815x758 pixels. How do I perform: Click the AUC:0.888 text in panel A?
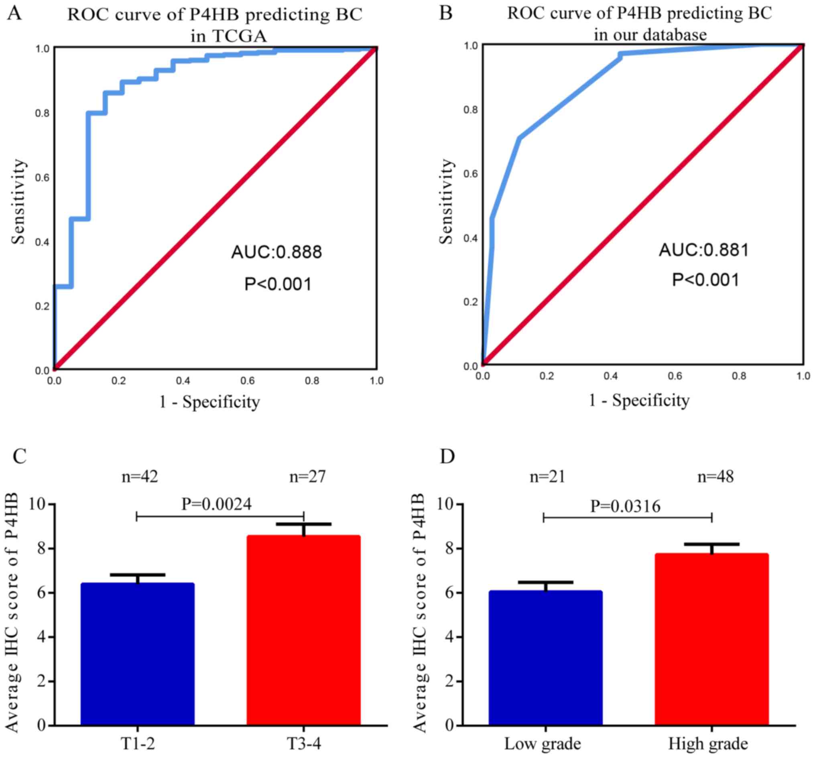(277, 252)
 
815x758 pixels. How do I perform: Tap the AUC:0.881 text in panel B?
(704, 250)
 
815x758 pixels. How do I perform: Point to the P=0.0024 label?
(216, 504)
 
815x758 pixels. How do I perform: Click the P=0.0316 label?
(625, 506)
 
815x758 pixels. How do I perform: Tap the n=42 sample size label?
(140, 476)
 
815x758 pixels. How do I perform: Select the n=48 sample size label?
(715, 476)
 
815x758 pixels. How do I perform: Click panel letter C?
(20, 456)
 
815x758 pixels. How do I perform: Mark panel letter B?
(446, 13)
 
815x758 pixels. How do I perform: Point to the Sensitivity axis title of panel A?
(18, 202)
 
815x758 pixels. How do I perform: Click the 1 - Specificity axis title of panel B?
(639, 400)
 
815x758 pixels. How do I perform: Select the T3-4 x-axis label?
(303, 743)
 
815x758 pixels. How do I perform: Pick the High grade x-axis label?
(708, 743)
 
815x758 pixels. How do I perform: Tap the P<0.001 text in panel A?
(278, 284)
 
